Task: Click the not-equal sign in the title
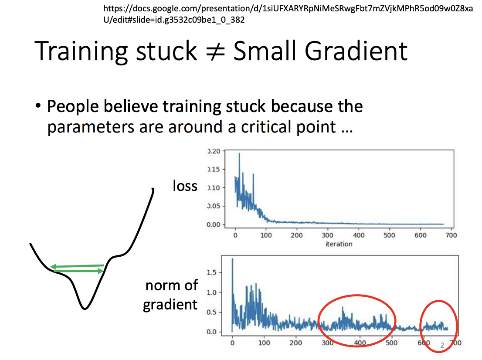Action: coord(215,51)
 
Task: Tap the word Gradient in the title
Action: coord(356,51)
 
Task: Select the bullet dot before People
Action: coord(38,106)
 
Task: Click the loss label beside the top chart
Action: coord(185,186)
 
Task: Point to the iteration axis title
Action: coord(339,244)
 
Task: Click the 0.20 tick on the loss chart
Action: coord(214,151)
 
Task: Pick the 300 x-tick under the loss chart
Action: coord(327,235)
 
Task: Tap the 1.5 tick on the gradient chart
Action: coord(211,272)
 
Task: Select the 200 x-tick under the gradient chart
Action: coord(295,343)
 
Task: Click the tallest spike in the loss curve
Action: coord(239,153)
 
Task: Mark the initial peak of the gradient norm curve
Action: coord(232,259)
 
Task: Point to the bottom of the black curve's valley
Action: coord(85,308)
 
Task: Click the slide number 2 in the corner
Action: coord(442,345)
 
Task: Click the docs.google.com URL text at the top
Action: coord(288,14)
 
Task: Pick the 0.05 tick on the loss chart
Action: coord(214,206)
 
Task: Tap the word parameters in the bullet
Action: coord(91,127)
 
